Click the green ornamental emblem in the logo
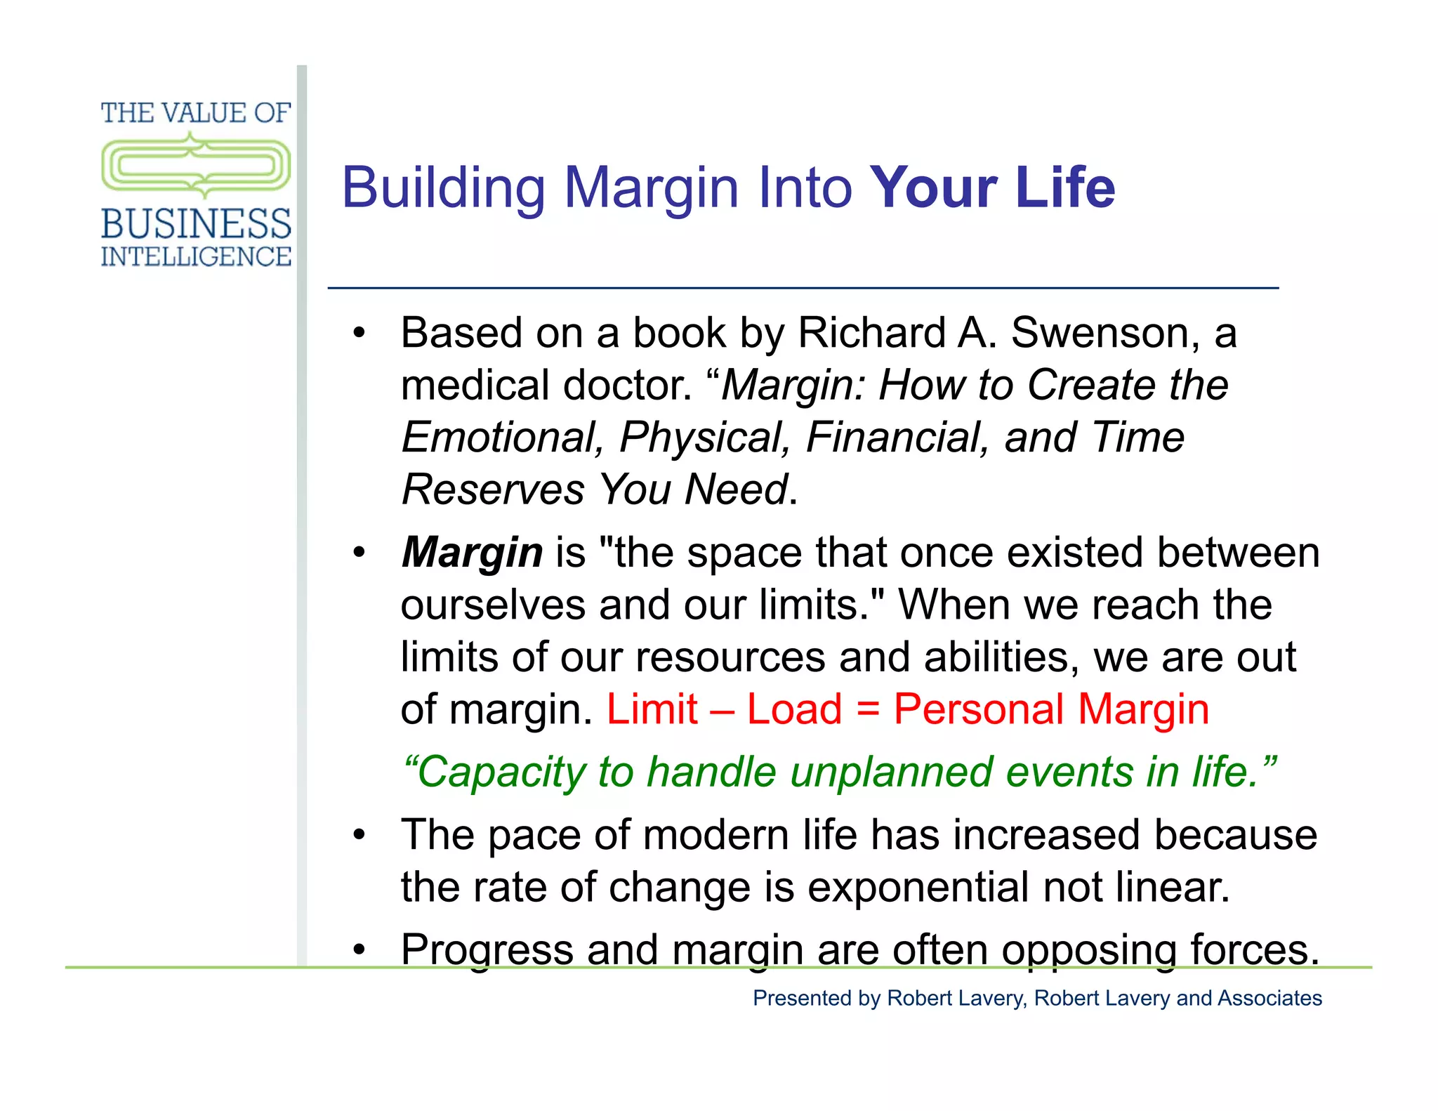tap(196, 166)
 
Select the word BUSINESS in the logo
tap(196, 224)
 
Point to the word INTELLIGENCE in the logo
tap(196, 257)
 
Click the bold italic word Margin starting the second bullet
tap(472, 553)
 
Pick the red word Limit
tap(652, 709)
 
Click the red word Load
tap(794, 709)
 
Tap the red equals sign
tap(868, 709)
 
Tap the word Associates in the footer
tap(1269, 998)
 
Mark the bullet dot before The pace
tap(359, 835)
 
